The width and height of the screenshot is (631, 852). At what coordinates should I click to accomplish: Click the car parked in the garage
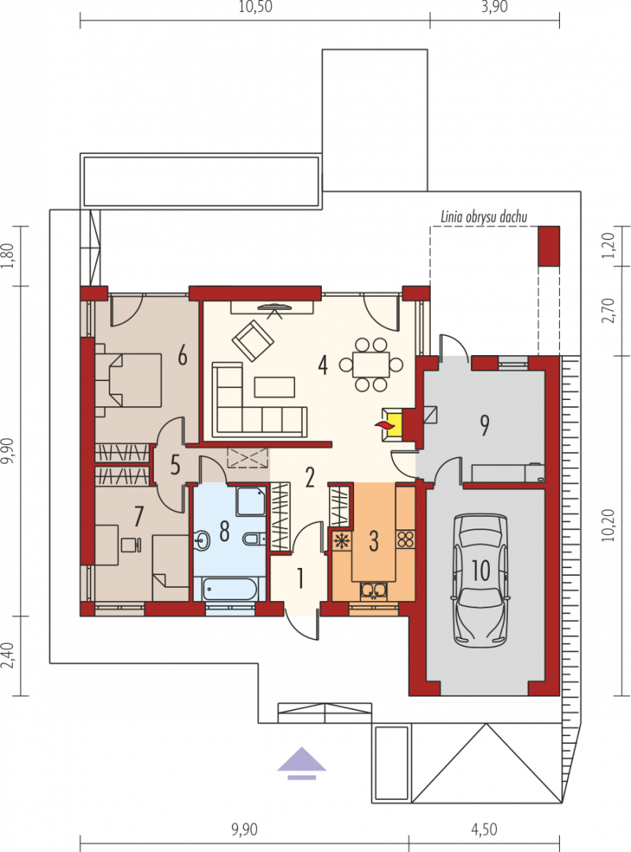click(481, 580)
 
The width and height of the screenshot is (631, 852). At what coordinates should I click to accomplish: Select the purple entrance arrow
click(301, 763)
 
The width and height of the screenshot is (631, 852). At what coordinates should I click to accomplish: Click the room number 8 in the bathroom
click(224, 531)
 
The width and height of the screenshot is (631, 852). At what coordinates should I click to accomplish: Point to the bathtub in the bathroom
click(230, 589)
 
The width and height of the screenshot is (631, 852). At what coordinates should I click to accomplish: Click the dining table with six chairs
click(371, 364)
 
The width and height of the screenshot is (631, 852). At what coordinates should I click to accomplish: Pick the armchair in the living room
click(252, 341)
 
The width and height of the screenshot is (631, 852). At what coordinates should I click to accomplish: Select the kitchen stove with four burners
click(405, 540)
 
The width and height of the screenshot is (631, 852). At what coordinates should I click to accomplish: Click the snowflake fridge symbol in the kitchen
click(342, 541)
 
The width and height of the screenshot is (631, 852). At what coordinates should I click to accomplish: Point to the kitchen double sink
click(374, 591)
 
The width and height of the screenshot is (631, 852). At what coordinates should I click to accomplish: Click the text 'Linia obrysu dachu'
click(484, 217)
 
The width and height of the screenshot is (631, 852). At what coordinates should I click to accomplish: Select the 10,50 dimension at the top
click(255, 7)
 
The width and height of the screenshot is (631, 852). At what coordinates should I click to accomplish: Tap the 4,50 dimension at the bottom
click(484, 830)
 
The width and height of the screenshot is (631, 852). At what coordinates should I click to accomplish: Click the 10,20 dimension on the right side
click(608, 525)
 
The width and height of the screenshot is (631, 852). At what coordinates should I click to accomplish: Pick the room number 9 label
click(484, 425)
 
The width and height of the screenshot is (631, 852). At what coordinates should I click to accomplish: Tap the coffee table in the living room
click(274, 387)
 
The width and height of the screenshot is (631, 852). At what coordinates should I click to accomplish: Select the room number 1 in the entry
click(300, 578)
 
